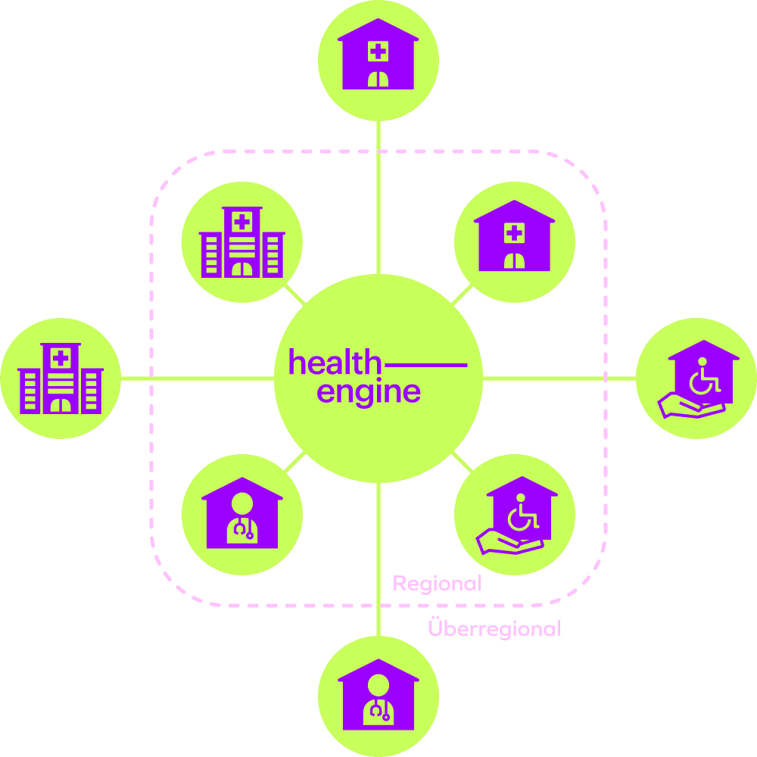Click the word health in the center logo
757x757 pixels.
click(x=335, y=361)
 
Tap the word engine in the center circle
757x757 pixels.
click(x=369, y=392)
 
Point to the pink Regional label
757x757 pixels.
click(x=437, y=584)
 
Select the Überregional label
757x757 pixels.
click(x=494, y=628)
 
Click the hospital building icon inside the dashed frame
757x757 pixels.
click(x=242, y=242)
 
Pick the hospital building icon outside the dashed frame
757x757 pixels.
click(x=61, y=378)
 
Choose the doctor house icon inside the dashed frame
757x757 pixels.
click(x=242, y=512)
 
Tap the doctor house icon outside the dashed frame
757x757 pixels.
click(x=378, y=694)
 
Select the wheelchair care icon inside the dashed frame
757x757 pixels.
click(x=516, y=515)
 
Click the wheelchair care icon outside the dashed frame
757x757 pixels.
click(x=699, y=379)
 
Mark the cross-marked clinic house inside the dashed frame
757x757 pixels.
click(x=515, y=235)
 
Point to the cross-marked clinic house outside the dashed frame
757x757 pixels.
click(x=378, y=54)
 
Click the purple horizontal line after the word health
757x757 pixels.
click(x=425, y=365)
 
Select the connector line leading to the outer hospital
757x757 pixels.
click(x=198, y=378)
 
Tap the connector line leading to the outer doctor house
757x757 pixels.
click(x=378, y=559)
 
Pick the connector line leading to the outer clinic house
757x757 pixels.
click(x=378, y=198)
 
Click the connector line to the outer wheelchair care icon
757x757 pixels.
click(x=559, y=378)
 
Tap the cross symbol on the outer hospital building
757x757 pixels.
click(x=61, y=358)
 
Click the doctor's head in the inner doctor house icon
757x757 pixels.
click(x=242, y=503)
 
